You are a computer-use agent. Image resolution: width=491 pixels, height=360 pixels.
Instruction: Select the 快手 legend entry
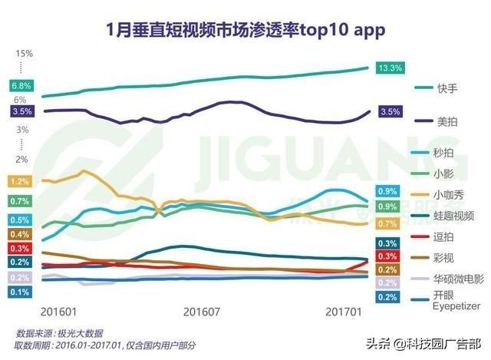tap(447, 89)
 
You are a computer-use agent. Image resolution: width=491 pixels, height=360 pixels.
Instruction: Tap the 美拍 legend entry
tap(447, 121)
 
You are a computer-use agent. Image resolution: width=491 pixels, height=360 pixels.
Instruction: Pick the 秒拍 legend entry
tap(446, 153)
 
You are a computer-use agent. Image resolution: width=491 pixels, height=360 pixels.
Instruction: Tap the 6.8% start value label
tap(21, 85)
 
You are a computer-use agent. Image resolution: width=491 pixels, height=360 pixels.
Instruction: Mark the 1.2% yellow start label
tap(21, 182)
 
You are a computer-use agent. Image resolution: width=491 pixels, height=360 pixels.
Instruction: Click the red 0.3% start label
tap(21, 248)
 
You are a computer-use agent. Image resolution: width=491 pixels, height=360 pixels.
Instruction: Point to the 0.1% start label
tap(21, 292)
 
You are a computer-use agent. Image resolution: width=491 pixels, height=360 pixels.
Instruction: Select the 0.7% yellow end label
tap(387, 223)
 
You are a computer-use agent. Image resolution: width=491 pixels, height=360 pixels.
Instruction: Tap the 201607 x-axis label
tap(200, 312)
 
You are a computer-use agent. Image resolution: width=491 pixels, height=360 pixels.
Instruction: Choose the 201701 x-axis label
tap(342, 312)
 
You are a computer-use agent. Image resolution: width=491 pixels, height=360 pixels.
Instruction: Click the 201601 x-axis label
tap(58, 312)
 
